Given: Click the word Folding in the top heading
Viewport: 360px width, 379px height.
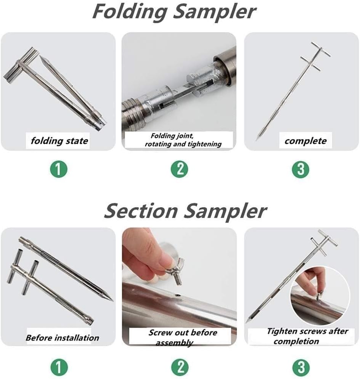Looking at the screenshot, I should (x=130, y=12).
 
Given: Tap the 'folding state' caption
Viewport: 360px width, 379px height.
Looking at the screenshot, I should (x=59, y=141).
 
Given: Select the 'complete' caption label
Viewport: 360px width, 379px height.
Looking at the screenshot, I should (x=305, y=141).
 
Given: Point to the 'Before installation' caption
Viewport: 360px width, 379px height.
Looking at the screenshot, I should (x=62, y=337).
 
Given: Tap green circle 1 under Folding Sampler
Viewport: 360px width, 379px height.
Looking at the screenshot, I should (x=58, y=169).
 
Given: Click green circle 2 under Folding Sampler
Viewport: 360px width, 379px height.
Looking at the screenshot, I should (x=179, y=169).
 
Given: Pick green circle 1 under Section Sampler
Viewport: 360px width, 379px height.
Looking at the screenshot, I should (x=58, y=367).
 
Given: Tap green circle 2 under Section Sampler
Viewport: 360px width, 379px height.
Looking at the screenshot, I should (x=179, y=367).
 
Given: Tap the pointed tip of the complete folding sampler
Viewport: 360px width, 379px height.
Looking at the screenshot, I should (x=259, y=135).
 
